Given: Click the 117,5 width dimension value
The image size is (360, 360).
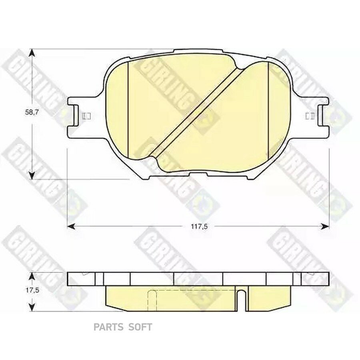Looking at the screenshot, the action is pyautogui.click(x=199, y=227).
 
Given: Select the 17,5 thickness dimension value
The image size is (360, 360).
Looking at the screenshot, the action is pyautogui.click(x=32, y=290).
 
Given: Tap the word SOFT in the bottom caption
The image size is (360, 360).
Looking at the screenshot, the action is pyautogui.click(x=140, y=327).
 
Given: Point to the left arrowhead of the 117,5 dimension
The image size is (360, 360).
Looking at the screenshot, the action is pyautogui.click(x=71, y=226).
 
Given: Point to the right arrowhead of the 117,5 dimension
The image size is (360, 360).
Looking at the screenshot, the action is pyautogui.click(x=325, y=226).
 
